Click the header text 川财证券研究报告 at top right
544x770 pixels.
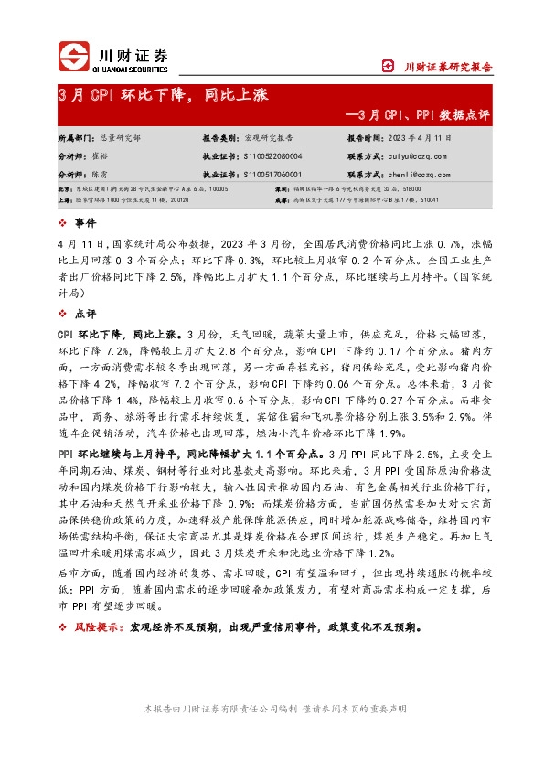[x=449, y=66]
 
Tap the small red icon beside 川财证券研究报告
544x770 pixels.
[x=388, y=66]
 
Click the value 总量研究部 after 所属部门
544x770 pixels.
[x=121, y=137]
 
